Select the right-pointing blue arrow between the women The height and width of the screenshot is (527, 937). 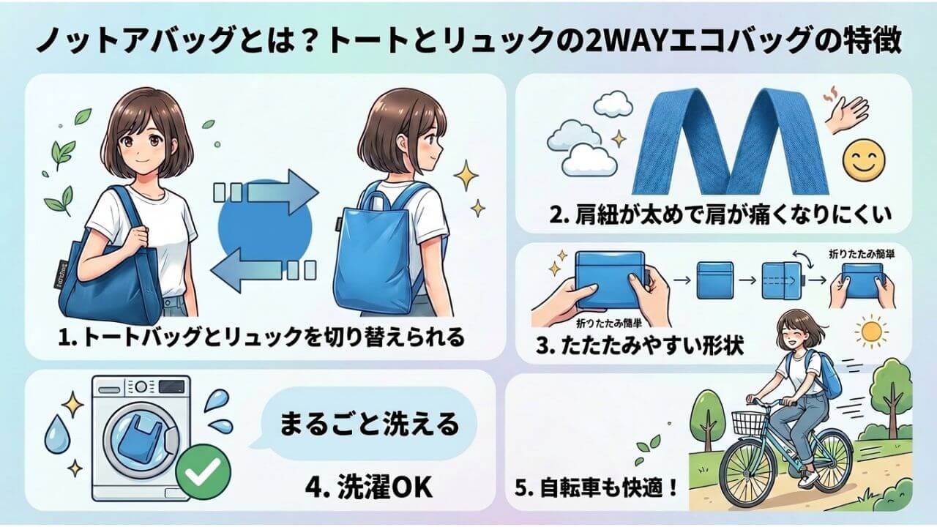(267, 192)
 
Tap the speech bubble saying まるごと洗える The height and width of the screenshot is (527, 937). (370, 423)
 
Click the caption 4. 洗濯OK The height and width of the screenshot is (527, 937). (370, 488)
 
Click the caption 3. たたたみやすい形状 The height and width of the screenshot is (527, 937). (640, 345)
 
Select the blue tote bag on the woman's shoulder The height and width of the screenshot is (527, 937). (99, 285)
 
